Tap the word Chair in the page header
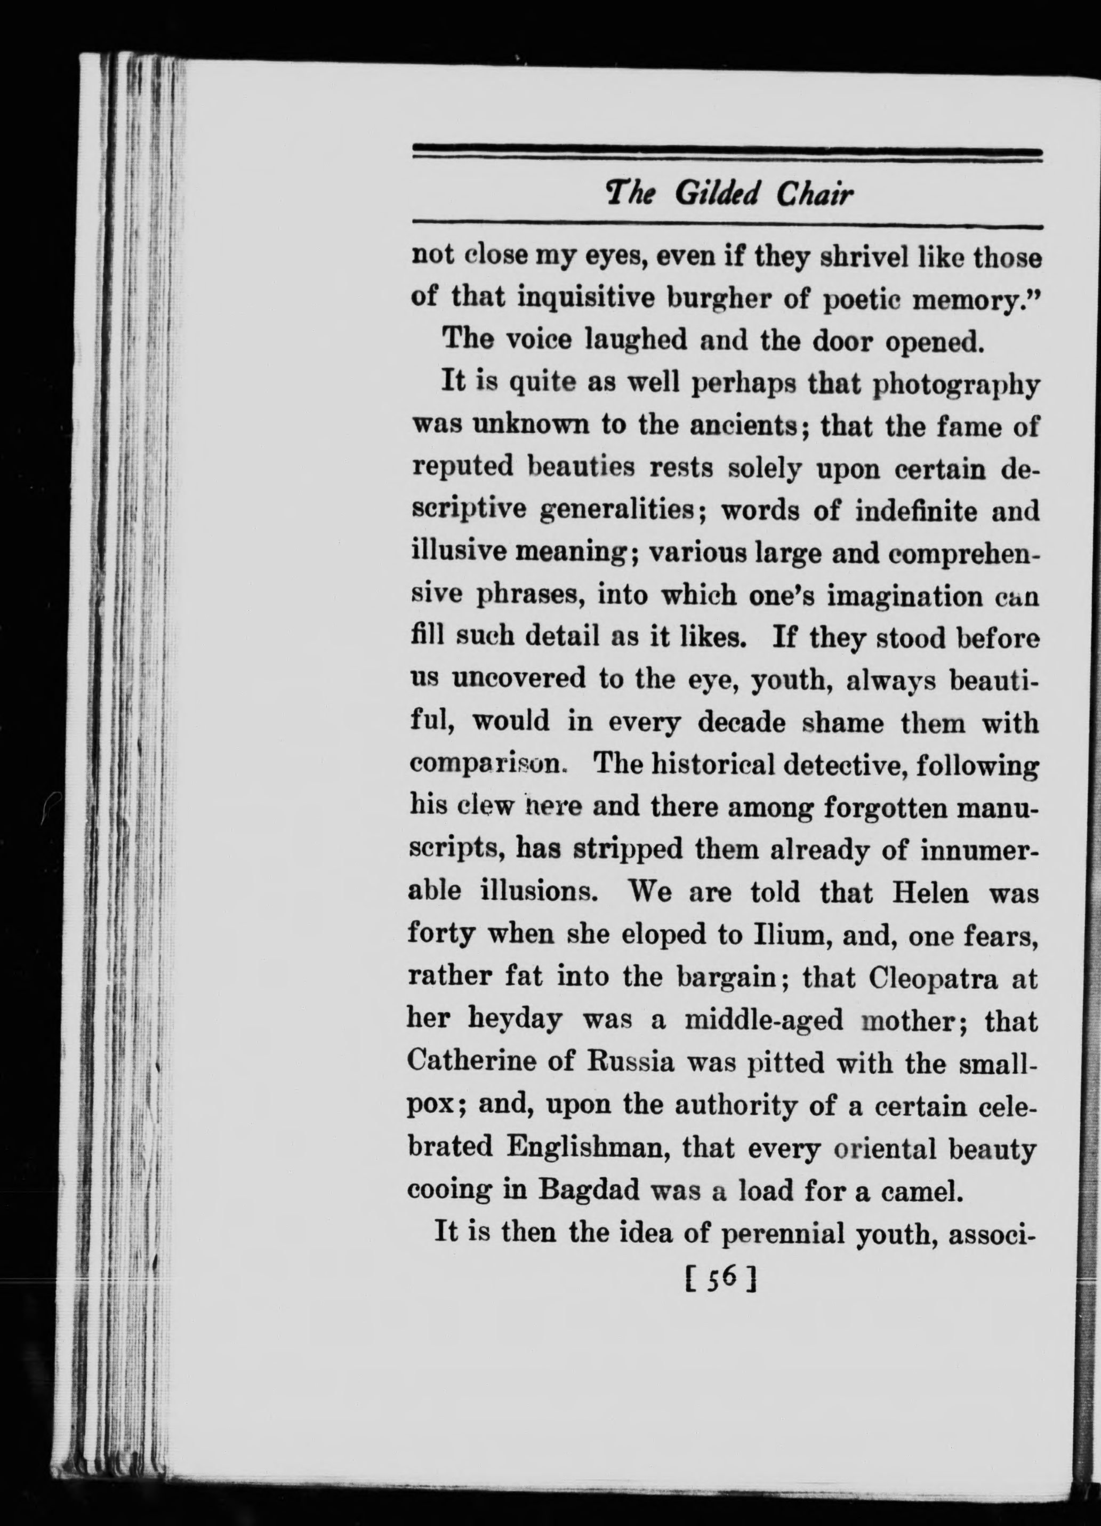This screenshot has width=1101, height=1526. [815, 195]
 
